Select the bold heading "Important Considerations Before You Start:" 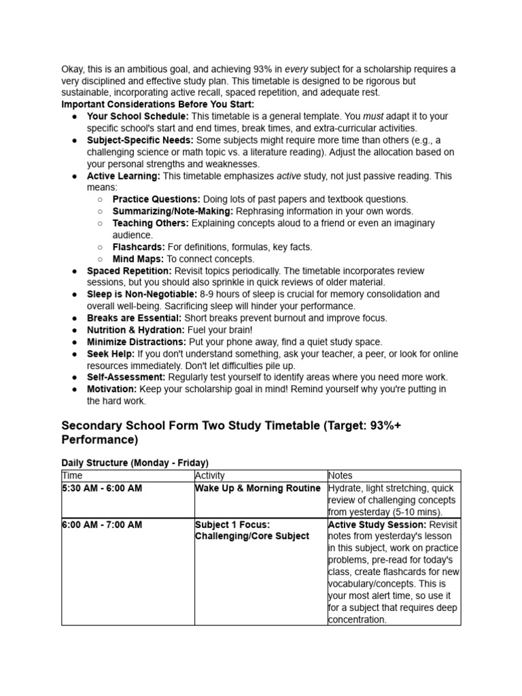coord(158,105)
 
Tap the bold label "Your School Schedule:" coord(138,116)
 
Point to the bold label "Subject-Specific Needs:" coord(140,140)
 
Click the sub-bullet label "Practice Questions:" coord(156,199)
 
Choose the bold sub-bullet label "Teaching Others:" coord(151,223)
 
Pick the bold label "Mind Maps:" coord(138,259)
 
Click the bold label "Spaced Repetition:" coord(129,271)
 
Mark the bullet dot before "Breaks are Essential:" coord(74,318)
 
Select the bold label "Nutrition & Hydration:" coord(136,330)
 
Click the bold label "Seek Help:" coord(111,354)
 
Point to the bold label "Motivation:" coord(112,389)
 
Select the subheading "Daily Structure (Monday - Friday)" coord(135,462)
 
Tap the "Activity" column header coord(209,476)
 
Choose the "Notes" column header coord(341,476)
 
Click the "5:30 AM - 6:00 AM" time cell coord(102,489)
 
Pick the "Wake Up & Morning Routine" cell coord(258,489)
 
